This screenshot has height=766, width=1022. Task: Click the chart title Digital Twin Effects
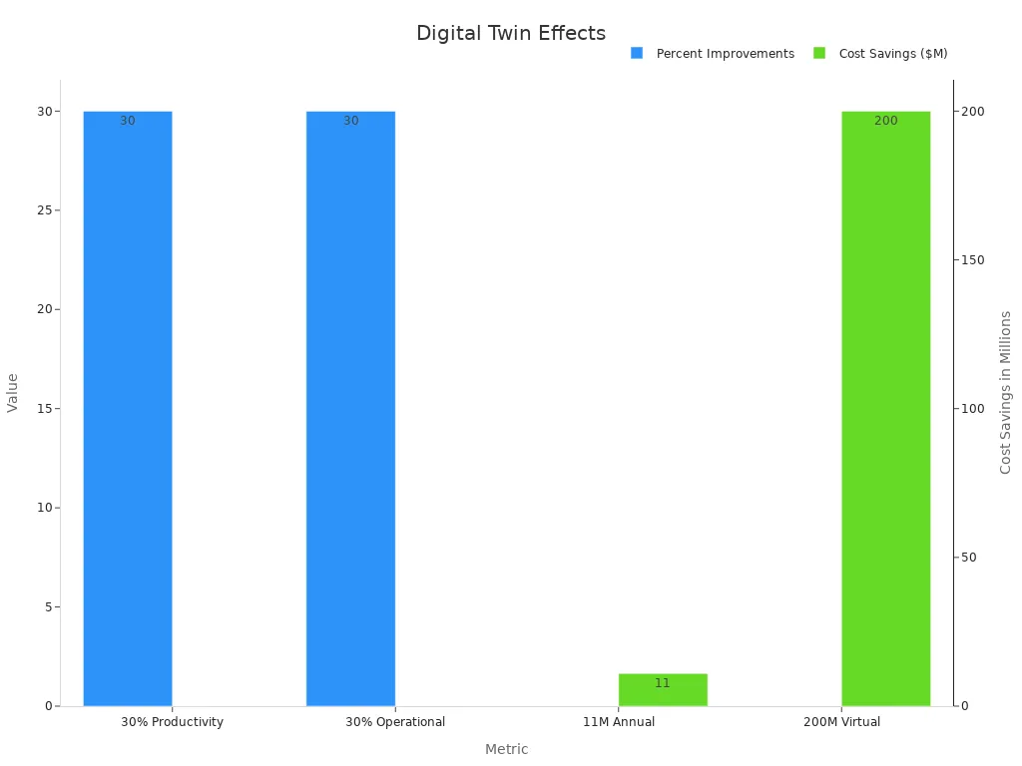[510, 34]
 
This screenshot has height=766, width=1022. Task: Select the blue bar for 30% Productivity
[128, 409]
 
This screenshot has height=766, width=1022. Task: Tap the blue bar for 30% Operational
[350, 409]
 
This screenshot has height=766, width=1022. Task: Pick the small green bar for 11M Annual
[663, 690]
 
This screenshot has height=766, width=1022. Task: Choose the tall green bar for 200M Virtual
[885, 409]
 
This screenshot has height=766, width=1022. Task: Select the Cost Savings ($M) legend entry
[892, 54]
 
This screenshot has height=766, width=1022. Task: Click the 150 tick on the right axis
[973, 260]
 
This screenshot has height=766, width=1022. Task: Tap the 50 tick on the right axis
[969, 558]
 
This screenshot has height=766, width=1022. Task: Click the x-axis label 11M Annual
[619, 722]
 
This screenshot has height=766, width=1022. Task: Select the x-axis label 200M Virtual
[841, 722]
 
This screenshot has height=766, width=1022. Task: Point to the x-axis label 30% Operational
[395, 722]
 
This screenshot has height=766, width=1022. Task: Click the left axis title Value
[13, 393]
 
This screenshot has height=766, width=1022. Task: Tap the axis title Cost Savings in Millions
[1006, 392]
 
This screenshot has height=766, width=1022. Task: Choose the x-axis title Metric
[506, 750]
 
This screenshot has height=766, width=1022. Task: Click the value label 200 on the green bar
[885, 122]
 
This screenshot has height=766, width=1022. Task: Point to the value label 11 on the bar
[663, 684]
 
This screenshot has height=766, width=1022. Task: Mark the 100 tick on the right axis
[973, 409]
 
